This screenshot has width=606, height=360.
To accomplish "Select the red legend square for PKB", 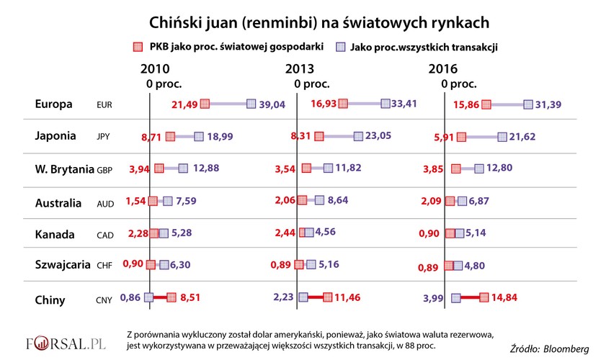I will point(136,48).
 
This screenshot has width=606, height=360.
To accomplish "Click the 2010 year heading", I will point(155,69).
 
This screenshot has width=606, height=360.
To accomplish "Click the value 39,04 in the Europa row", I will point(273,104).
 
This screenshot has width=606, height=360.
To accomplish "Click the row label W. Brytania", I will point(64,169).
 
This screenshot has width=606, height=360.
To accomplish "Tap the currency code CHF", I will point(105,266).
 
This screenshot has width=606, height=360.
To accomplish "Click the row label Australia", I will point(58,203).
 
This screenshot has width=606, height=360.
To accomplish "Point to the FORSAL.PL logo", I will point(66,342).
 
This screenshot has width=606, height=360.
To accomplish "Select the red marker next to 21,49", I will point(205,104).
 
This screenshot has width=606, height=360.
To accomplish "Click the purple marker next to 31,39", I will point(528,104).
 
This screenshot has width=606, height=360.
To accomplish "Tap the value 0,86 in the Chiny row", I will point(131,297).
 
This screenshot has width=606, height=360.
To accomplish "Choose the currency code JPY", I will point(104,136).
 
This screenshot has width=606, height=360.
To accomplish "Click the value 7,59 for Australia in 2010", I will point(187,202).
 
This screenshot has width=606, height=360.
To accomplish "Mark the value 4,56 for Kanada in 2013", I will point(331,233).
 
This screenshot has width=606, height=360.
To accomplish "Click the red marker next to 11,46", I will point(328,297).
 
